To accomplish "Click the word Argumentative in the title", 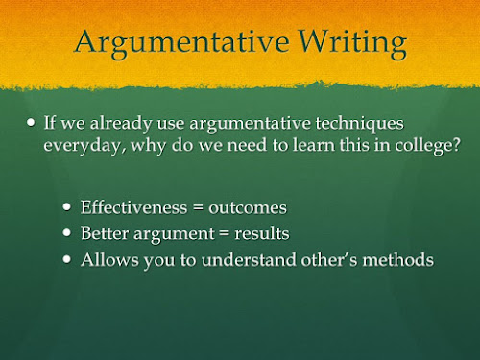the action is [182, 43].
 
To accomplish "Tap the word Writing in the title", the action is [352, 43].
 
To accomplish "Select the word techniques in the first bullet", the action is [359, 124].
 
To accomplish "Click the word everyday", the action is [84, 146].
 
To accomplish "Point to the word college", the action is [423, 146].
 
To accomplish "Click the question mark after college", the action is [457, 144].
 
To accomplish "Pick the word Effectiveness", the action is [133, 207].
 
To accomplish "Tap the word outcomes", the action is [248, 208].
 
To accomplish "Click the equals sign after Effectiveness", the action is [198, 208].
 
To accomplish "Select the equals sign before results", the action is [225, 233].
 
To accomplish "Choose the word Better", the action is [105, 233].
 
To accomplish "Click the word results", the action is [262, 233].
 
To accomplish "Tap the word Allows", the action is [109, 259].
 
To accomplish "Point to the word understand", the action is [249, 259].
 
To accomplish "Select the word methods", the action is [397, 259].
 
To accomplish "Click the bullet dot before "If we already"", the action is [31, 122].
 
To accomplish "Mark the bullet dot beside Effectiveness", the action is [67, 206].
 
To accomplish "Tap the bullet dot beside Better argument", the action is [67, 232].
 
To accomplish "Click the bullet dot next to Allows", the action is [67, 259].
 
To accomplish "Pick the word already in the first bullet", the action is [121, 124].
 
